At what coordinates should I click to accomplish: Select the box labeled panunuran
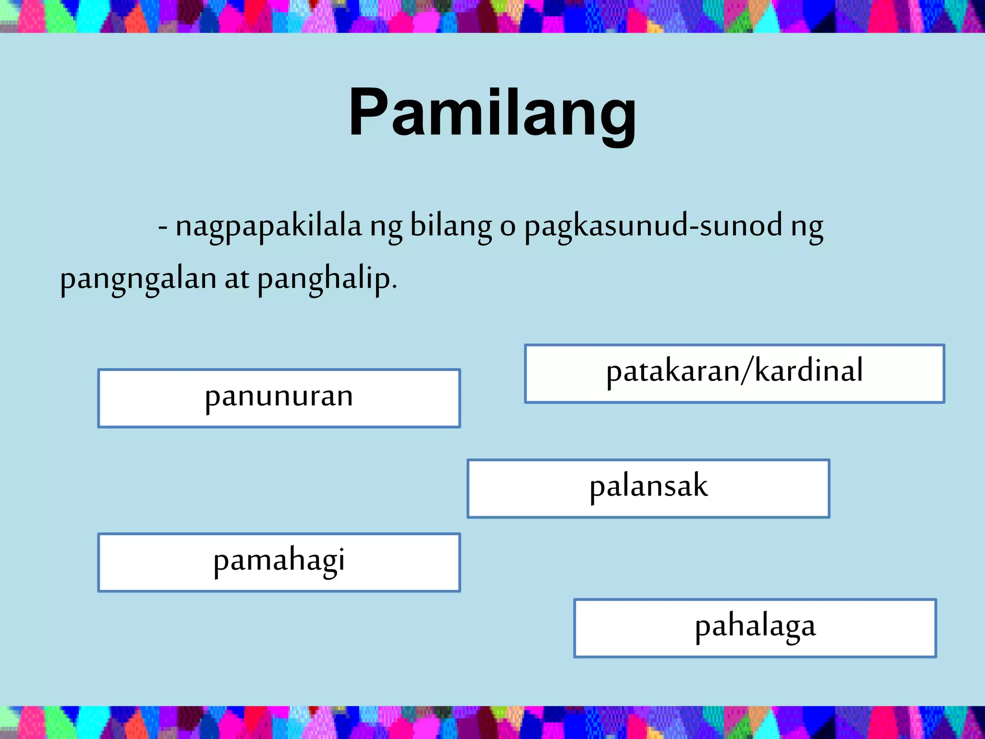pos(279,398)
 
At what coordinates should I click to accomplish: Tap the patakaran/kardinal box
pos(734,373)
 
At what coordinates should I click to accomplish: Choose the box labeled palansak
pos(648,488)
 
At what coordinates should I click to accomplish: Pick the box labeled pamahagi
pos(279,562)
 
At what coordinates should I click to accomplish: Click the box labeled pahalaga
pos(755,628)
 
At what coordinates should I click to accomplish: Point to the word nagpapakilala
pos(268,226)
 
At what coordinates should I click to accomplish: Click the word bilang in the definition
pos(451,226)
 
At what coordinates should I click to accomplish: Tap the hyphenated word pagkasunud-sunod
pos(653,226)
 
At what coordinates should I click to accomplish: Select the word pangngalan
pos(138,279)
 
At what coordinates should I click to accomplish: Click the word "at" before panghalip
pos(237,279)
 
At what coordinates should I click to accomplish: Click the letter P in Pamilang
pos(368,113)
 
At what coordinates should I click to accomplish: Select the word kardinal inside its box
pos(809,371)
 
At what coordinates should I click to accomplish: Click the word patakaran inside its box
pos(672,372)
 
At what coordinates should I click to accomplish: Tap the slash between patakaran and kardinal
pos(747,371)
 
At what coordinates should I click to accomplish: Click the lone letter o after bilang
pos(507,227)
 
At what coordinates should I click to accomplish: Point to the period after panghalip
pos(395,287)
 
